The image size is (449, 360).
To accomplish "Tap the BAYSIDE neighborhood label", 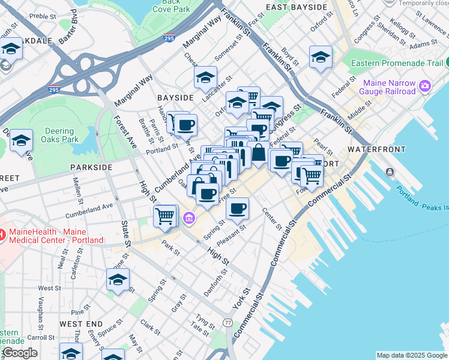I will click(x=175, y=97).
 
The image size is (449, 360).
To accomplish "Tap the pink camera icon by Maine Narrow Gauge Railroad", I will click(x=425, y=86).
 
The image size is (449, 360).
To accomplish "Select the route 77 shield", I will click(x=228, y=323).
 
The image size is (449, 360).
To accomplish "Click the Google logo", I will click(x=19, y=353).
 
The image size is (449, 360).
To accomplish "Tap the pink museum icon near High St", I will click(x=189, y=217).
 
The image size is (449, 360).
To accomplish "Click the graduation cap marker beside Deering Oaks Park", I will click(x=21, y=141).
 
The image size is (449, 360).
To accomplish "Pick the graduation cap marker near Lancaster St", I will click(x=205, y=77).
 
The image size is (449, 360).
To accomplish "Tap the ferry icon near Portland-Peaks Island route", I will click(x=390, y=172).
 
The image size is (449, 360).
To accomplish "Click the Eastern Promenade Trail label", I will click(x=397, y=63).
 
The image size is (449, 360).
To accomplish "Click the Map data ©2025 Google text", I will click(x=411, y=355).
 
